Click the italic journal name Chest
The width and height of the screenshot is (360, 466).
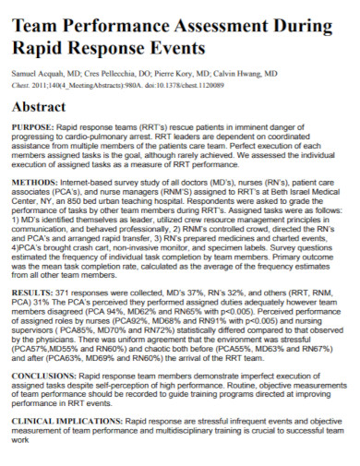[21, 81]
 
